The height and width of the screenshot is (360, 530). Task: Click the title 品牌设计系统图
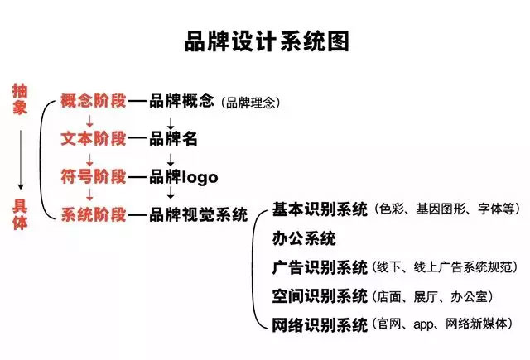[267, 41]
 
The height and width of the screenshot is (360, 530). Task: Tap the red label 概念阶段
[94, 100]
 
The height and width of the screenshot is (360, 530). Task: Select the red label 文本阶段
[94, 138]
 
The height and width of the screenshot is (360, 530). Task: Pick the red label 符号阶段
[94, 176]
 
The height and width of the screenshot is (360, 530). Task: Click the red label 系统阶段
[94, 215]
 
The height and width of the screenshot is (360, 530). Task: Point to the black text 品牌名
[173, 138]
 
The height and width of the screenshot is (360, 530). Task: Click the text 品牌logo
[184, 177]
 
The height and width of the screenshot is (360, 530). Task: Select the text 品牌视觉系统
[199, 215]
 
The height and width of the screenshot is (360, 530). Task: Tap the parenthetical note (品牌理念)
[251, 103]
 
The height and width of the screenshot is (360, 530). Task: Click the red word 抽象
[20, 99]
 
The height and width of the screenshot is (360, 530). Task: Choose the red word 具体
[20, 214]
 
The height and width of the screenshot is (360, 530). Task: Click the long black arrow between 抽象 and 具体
[21, 160]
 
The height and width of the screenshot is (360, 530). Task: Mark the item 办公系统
[304, 238]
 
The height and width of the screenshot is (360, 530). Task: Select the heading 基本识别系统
[320, 209]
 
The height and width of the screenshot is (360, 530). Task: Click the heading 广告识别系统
[320, 267]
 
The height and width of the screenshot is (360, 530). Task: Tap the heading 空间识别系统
[320, 296]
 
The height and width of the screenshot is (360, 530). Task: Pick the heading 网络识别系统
[320, 325]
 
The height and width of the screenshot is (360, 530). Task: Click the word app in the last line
[423, 325]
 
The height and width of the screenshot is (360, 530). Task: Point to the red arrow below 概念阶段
[89, 121]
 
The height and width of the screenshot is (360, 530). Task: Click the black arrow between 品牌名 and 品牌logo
[171, 160]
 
